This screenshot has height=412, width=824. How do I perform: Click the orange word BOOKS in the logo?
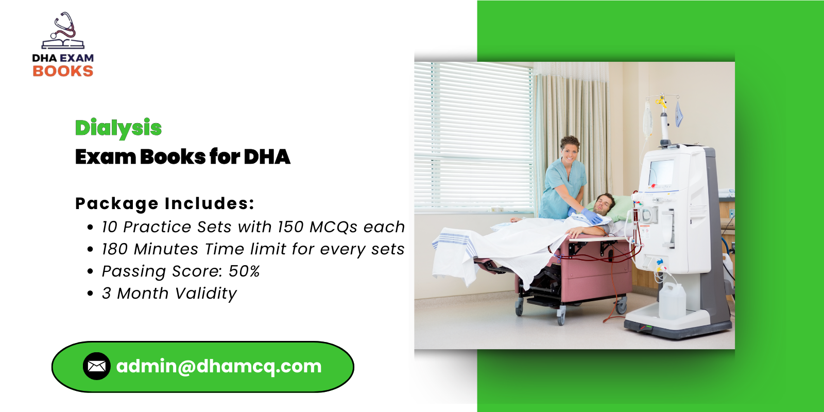(x=63, y=71)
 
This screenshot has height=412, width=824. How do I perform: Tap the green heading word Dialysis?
(x=118, y=128)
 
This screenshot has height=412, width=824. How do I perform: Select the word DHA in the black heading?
(x=267, y=157)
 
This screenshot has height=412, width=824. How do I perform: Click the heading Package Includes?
(x=165, y=203)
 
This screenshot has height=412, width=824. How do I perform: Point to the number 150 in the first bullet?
(x=290, y=227)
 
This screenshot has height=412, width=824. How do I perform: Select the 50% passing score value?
(x=244, y=271)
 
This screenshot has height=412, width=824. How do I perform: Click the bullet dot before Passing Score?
(x=91, y=271)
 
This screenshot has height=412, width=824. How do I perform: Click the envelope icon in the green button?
(x=96, y=366)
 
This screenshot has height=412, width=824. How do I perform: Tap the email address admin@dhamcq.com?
(x=219, y=366)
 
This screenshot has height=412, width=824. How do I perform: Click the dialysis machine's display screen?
(x=661, y=173)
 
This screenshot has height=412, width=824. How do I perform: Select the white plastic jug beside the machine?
(x=672, y=301)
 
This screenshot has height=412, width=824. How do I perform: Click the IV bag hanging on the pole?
(x=648, y=118)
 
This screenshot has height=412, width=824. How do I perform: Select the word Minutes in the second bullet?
(x=166, y=249)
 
